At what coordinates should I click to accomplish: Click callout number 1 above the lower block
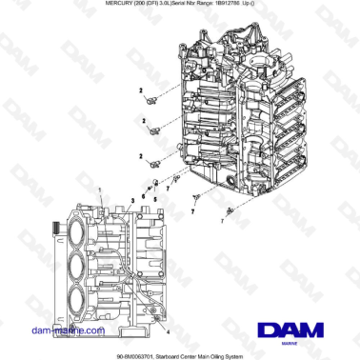(x=98, y=191)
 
